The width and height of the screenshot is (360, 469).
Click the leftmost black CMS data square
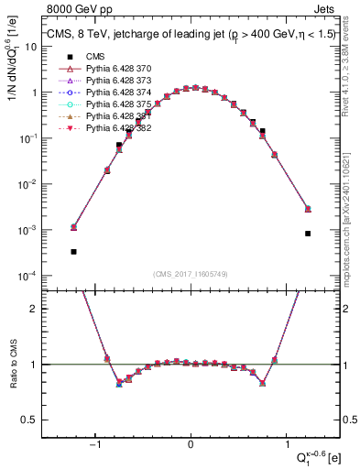73,251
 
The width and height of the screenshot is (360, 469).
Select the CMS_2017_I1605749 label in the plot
191,274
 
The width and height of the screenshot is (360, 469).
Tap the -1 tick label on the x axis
94,446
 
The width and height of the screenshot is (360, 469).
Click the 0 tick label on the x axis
191,446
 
